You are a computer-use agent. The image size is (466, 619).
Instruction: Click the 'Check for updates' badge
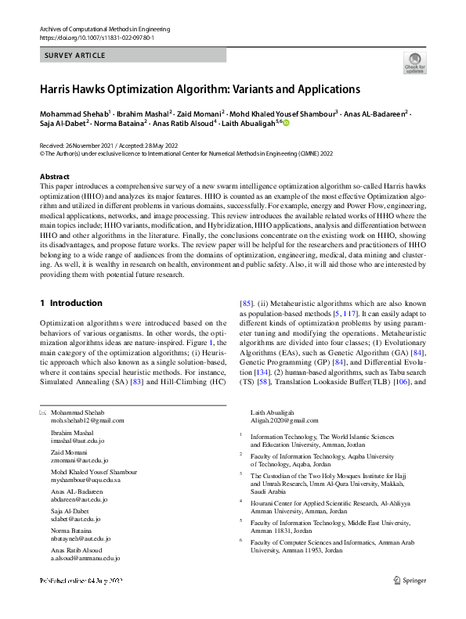(x=414, y=63)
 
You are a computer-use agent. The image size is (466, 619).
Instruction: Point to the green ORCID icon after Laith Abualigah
(x=286, y=122)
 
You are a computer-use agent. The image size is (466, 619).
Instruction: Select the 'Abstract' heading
(x=54, y=178)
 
